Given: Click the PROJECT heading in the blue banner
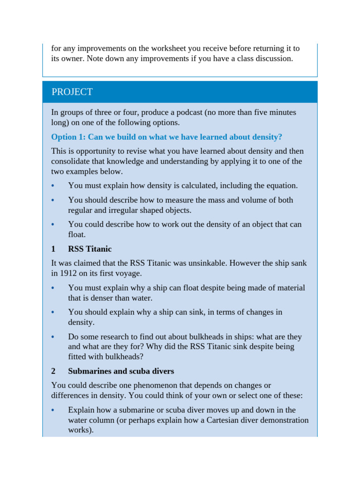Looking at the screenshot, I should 72,92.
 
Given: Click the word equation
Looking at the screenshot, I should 280,186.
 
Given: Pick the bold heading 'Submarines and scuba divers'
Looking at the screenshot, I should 121,371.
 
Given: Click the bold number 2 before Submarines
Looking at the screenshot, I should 53,371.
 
